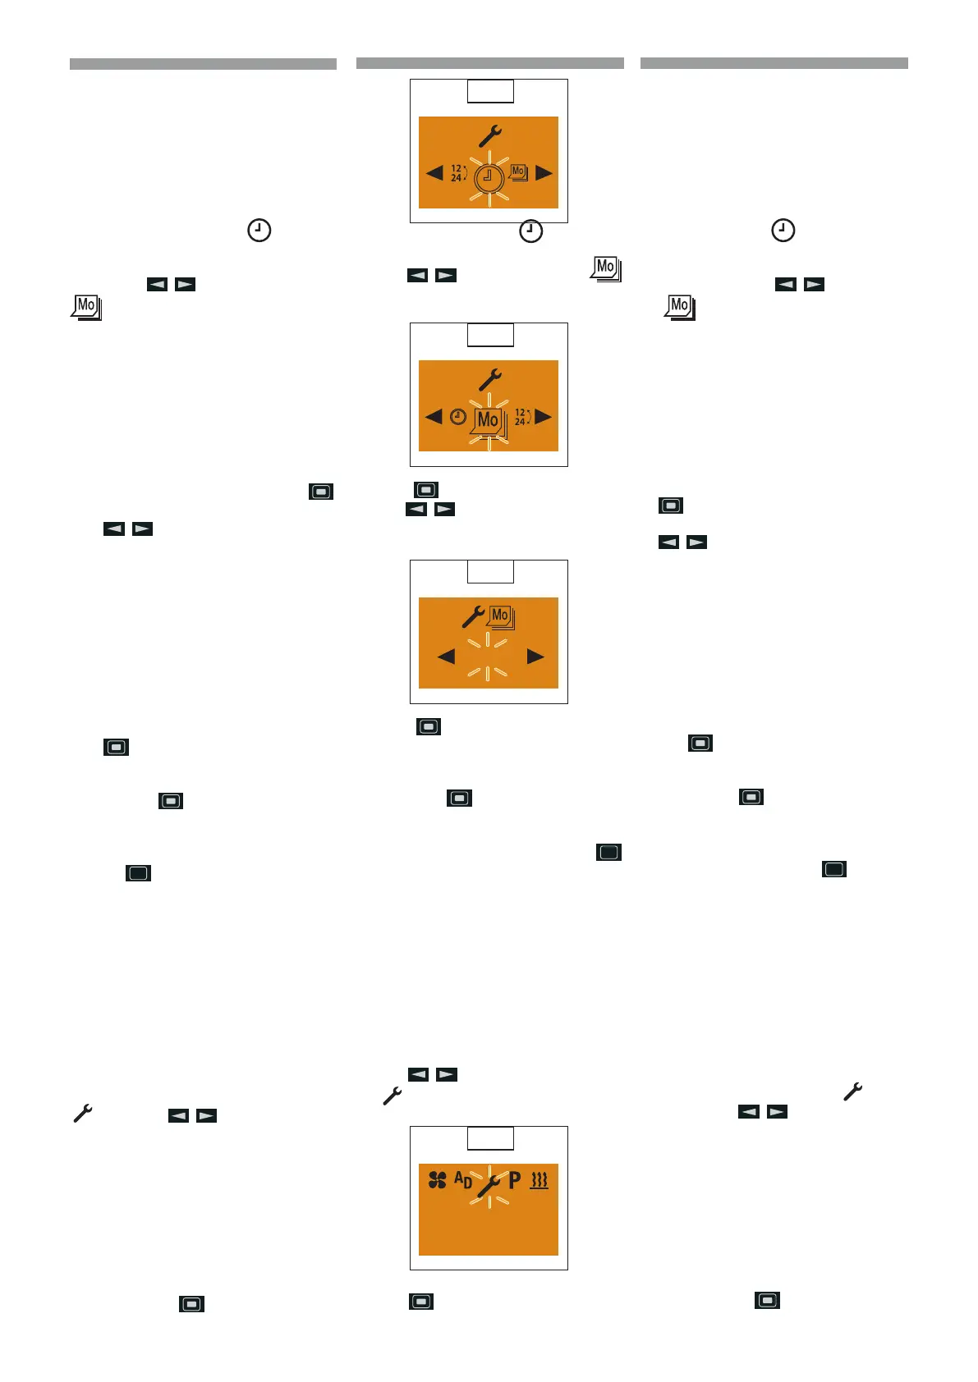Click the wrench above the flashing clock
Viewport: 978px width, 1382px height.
490,135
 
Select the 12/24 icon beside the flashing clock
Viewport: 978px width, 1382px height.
457,173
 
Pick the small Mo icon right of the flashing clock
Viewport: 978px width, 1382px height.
518,172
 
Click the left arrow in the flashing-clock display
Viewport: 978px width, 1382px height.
434,173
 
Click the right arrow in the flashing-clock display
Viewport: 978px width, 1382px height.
544,173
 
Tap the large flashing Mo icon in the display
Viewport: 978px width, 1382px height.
489,420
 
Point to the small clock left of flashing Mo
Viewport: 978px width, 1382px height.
458,417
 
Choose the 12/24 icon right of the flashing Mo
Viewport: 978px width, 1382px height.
521,417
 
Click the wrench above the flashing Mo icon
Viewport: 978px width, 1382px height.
490,379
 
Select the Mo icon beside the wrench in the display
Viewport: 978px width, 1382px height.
500,616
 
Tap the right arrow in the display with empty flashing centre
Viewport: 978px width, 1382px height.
535,657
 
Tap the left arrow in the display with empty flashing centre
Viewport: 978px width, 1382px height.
446,657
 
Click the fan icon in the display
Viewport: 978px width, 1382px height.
438,1180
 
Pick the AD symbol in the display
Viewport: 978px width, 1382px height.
463,1180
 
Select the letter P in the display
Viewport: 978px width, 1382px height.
515,1180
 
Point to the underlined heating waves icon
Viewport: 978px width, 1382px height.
539,1181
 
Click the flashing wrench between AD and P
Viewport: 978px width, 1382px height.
489,1185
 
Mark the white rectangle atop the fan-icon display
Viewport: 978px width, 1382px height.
490,1138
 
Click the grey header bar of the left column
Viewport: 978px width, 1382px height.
203,64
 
